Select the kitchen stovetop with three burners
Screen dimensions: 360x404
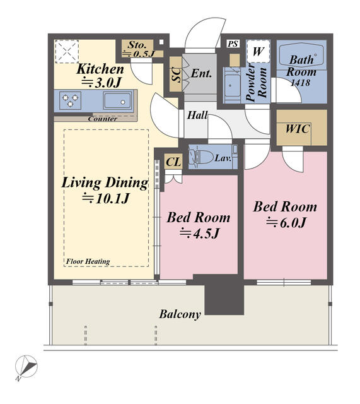[x=70, y=100]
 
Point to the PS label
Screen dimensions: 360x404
[x=233, y=44]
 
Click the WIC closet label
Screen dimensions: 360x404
[x=298, y=129]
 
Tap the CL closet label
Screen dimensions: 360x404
[x=174, y=162]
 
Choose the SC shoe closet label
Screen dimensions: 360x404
[x=177, y=74]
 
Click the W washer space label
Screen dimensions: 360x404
[x=258, y=52]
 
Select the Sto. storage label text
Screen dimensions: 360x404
[x=137, y=45]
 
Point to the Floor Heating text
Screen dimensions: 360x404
[x=88, y=261]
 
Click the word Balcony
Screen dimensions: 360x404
[x=180, y=314]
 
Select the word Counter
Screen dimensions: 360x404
[x=103, y=119]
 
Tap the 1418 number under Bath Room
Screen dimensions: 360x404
[x=300, y=83]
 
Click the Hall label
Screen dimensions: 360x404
[x=197, y=115]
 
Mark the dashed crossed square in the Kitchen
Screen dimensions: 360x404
[x=67, y=51]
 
